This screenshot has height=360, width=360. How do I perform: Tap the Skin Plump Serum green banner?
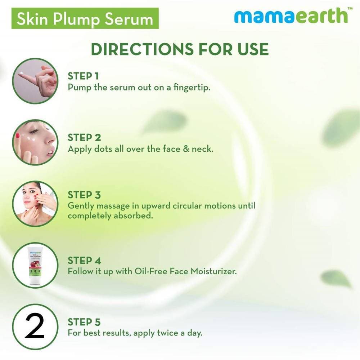click(85, 18)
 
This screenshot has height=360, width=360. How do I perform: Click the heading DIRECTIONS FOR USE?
click(180, 49)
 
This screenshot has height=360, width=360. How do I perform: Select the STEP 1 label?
click(83, 76)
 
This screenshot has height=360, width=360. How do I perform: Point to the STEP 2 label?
click(84, 137)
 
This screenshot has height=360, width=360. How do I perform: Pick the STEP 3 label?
click(84, 195)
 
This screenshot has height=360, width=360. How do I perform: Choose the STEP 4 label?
click(84, 261)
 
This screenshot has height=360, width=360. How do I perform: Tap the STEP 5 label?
click(84, 322)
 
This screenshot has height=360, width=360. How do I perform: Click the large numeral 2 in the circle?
click(35, 326)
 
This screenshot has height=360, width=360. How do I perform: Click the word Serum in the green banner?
click(129, 19)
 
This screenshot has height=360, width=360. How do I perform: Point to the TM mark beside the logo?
click(350, 9)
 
